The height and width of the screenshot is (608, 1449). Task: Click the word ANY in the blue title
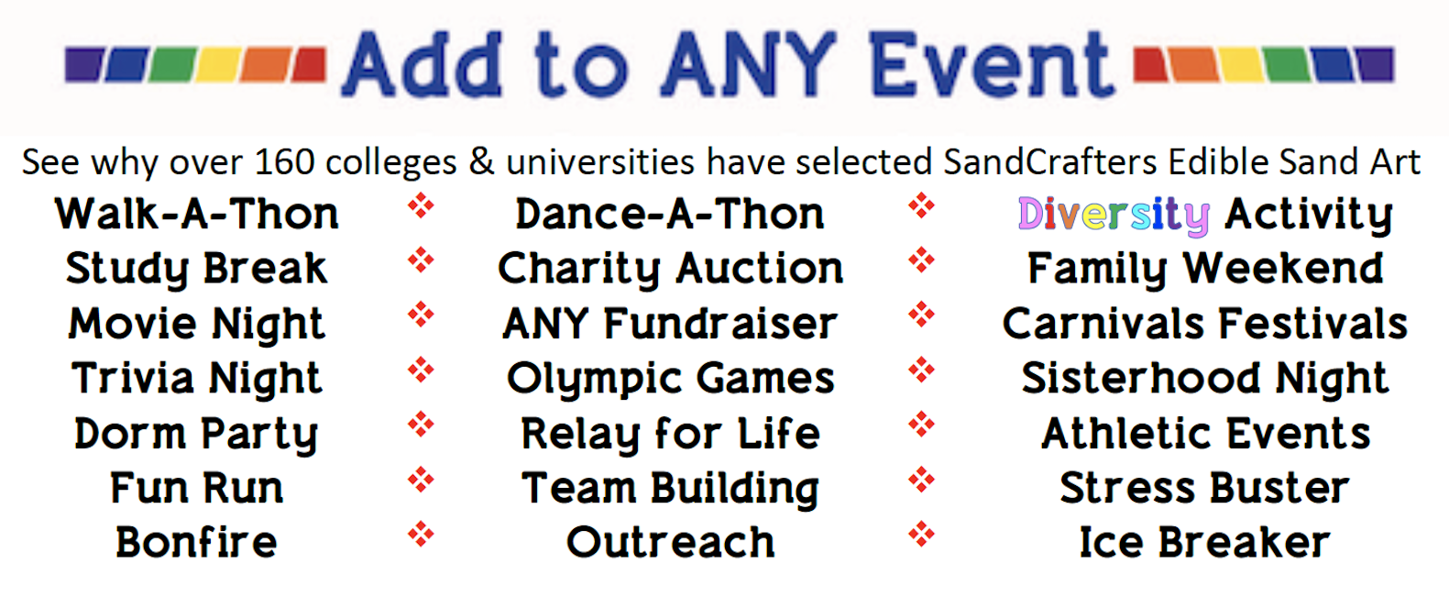749,65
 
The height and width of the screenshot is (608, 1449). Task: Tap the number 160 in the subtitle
285,162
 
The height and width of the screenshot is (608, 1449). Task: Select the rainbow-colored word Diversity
1114,216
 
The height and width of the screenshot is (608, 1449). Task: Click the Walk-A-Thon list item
197,214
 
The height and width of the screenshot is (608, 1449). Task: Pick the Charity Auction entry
670,270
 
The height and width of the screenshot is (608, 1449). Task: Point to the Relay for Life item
670,433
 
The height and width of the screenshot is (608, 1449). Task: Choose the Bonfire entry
197,542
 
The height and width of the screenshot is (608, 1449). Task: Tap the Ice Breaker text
1204,542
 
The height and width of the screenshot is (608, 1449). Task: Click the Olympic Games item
670,379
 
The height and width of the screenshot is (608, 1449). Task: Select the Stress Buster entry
1204,488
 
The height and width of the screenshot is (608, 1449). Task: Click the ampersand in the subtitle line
481,162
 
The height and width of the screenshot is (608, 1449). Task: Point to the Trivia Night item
197,379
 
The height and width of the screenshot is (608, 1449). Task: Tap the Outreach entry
670,542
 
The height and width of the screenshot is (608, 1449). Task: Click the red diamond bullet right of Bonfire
421,535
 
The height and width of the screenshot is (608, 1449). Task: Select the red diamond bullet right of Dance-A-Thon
921,206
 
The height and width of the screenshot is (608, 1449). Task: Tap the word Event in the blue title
991,65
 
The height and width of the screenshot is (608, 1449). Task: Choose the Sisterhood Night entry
1204,379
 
